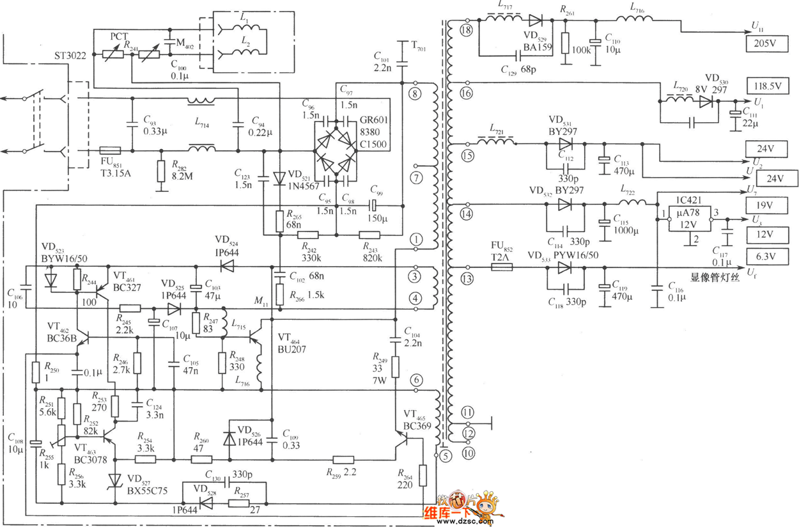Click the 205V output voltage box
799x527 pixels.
767,43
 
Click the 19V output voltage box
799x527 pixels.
767,206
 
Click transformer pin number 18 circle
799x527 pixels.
466,30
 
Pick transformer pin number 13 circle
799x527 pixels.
466,278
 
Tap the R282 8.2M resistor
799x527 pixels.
161,171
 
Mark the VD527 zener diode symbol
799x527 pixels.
116,479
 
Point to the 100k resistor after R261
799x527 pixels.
566,43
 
